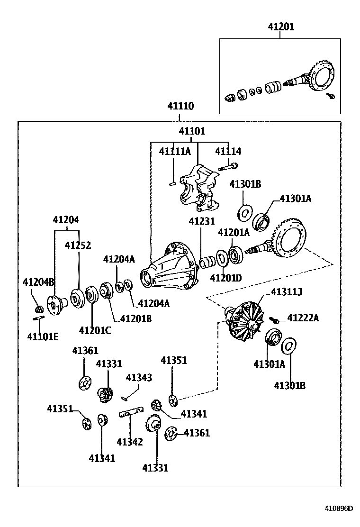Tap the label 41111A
(x=174, y=152)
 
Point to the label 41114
(x=228, y=152)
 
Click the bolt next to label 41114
(x=229, y=166)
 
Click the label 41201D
(x=225, y=278)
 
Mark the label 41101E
(x=43, y=337)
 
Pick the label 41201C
(x=95, y=330)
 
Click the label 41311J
(x=286, y=292)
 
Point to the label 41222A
(x=303, y=318)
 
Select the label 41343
(x=139, y=377)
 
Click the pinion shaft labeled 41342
(x=131, y=414)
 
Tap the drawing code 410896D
(x=338, y=509)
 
